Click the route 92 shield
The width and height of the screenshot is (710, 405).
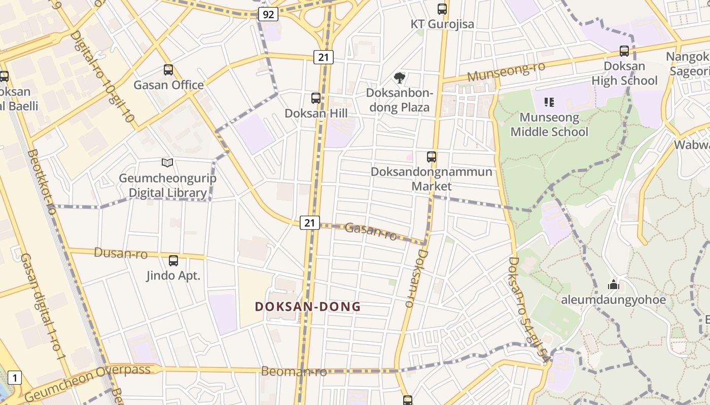[268, 14]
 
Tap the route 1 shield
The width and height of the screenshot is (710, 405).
[15, 378]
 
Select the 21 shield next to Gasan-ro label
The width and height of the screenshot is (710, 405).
[310, 222]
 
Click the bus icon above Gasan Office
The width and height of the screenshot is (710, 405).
[168, 70]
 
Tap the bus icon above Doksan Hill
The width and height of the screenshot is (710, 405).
[316, 98]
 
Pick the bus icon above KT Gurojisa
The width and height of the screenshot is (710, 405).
[442, 9]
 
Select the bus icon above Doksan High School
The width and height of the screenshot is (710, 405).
[624, 51]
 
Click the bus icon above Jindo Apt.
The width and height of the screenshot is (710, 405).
[173, 261]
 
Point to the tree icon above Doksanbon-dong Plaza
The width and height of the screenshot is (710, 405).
[400, 78]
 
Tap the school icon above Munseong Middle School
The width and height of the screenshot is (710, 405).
[549, 102]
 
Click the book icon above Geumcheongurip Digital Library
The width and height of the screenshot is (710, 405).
[167, 163]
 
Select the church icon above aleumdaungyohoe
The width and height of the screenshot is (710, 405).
[613, 285]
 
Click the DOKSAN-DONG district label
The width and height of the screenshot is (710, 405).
[308, 306]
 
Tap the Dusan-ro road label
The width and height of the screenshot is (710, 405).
[121, 253]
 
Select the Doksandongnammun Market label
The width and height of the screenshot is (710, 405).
[432, 179]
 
